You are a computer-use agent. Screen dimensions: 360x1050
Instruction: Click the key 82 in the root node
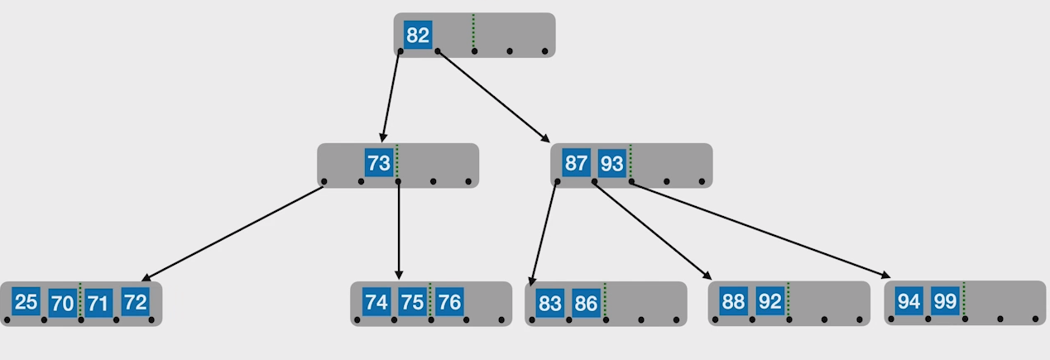click(x=418, y=36)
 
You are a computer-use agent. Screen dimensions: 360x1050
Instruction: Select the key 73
click(x=379, y=163)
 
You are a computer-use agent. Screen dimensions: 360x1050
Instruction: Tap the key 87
click(x=576, y=163)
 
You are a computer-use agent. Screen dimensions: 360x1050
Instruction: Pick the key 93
click(x=611, y=164)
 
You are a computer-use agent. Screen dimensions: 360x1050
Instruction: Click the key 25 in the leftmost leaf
click(x=26, y=301)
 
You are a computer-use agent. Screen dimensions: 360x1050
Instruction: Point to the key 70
click(x=62, y=303)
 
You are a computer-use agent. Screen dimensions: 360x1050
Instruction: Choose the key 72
click(x=134, y=302)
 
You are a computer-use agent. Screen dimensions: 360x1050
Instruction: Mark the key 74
click(x=376, y=302)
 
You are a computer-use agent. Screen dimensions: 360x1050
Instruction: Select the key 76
click(x=448, y=302)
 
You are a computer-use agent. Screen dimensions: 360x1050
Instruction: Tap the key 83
click(x=550, y=304)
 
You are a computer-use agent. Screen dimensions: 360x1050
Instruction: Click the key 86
click(x=586, y=304)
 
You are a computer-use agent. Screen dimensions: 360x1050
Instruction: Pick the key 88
click(x=733, y=302)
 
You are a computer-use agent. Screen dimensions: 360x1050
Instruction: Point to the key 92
click(x=770, y=302)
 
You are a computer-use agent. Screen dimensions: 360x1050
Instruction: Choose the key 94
click(x=909, y=301)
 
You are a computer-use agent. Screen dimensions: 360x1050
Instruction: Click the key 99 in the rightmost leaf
click(x=945, y=301)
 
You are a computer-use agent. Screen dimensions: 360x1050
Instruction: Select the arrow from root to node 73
click(x=391, y=96)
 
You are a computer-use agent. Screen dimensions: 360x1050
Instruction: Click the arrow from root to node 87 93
click(x=493, y=96)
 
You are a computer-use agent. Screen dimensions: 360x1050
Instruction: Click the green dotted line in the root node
click(x=473, y=31)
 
